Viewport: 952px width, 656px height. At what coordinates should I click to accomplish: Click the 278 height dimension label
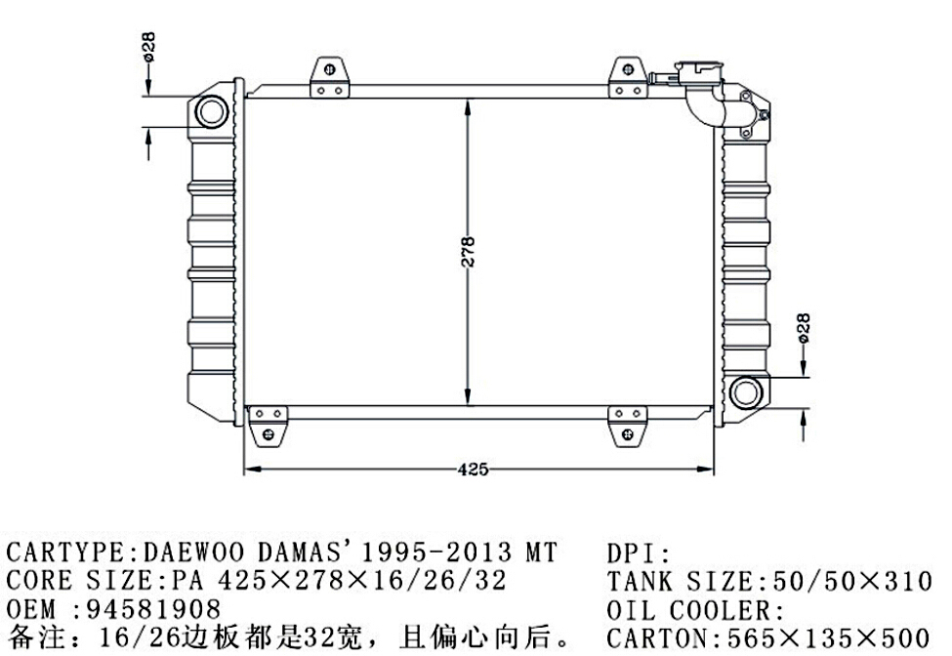[468, 252]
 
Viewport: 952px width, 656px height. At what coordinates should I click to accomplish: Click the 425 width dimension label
[473, 470]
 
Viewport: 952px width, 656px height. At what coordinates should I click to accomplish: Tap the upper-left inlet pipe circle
[211, 111]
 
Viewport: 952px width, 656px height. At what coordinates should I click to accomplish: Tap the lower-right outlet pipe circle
[745, 392]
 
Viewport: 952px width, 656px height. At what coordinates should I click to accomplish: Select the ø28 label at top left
[148, 47]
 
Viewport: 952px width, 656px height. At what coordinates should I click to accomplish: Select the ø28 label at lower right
[803, 328]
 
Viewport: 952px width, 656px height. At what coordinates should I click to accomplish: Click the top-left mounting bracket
[330, 77]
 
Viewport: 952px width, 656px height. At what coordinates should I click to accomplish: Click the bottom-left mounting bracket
[268, 427]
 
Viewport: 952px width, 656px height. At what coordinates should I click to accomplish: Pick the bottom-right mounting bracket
[627, 427]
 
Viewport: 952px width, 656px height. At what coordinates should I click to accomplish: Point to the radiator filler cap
[698, 72]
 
